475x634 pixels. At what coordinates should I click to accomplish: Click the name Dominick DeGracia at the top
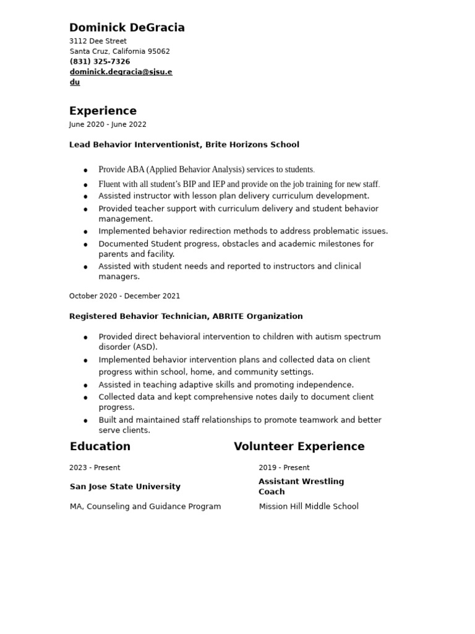127,28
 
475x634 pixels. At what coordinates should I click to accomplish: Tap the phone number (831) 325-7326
100,62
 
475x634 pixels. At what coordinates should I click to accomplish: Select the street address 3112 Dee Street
98,41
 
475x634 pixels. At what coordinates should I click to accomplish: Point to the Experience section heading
103,111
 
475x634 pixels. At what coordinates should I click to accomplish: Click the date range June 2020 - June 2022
108,124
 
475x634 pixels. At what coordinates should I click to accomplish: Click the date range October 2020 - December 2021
124,297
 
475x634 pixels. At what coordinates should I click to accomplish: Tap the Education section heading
100,446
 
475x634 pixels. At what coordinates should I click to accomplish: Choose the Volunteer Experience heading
299,446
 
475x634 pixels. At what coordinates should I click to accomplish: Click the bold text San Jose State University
125,487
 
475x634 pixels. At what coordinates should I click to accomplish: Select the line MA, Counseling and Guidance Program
145,506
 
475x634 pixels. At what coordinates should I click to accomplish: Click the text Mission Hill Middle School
308,506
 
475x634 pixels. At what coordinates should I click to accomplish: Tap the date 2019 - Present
284,467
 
